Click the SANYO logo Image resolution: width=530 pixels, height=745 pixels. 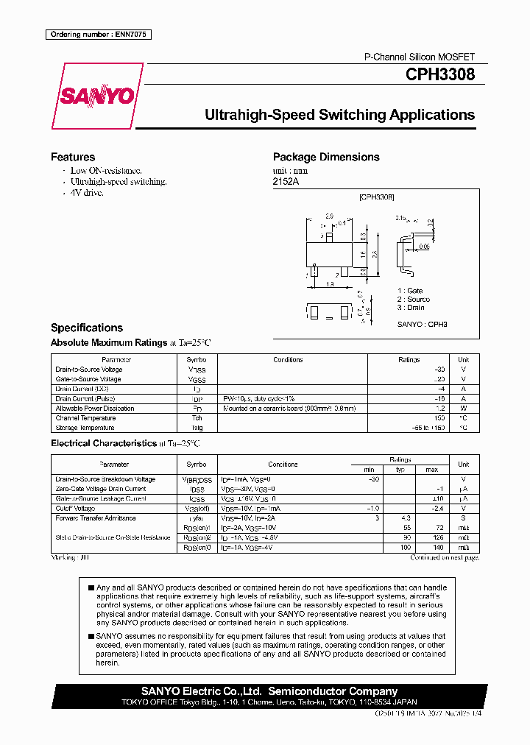[97, 96]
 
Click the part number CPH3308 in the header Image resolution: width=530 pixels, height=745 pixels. [439, 74]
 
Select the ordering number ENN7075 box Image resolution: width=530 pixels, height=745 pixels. [99, 35]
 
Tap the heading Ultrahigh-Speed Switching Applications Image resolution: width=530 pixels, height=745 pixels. [339, 115]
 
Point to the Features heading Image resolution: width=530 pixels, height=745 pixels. [73, 157]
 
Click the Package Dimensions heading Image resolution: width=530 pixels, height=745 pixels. [326, 157]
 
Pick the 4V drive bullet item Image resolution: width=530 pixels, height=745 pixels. [86, 192]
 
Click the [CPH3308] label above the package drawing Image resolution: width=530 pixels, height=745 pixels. [376, 197]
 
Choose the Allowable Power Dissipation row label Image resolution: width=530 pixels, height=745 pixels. [95, 409]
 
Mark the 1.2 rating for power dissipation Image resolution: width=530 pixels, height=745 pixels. [440, 409]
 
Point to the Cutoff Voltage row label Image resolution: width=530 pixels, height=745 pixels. [75, 508]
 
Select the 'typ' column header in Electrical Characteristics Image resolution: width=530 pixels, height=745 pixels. [400, 470]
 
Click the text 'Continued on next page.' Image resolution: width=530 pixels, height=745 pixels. [445, 558]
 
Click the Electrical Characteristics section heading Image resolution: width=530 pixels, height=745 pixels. [103, 443]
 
